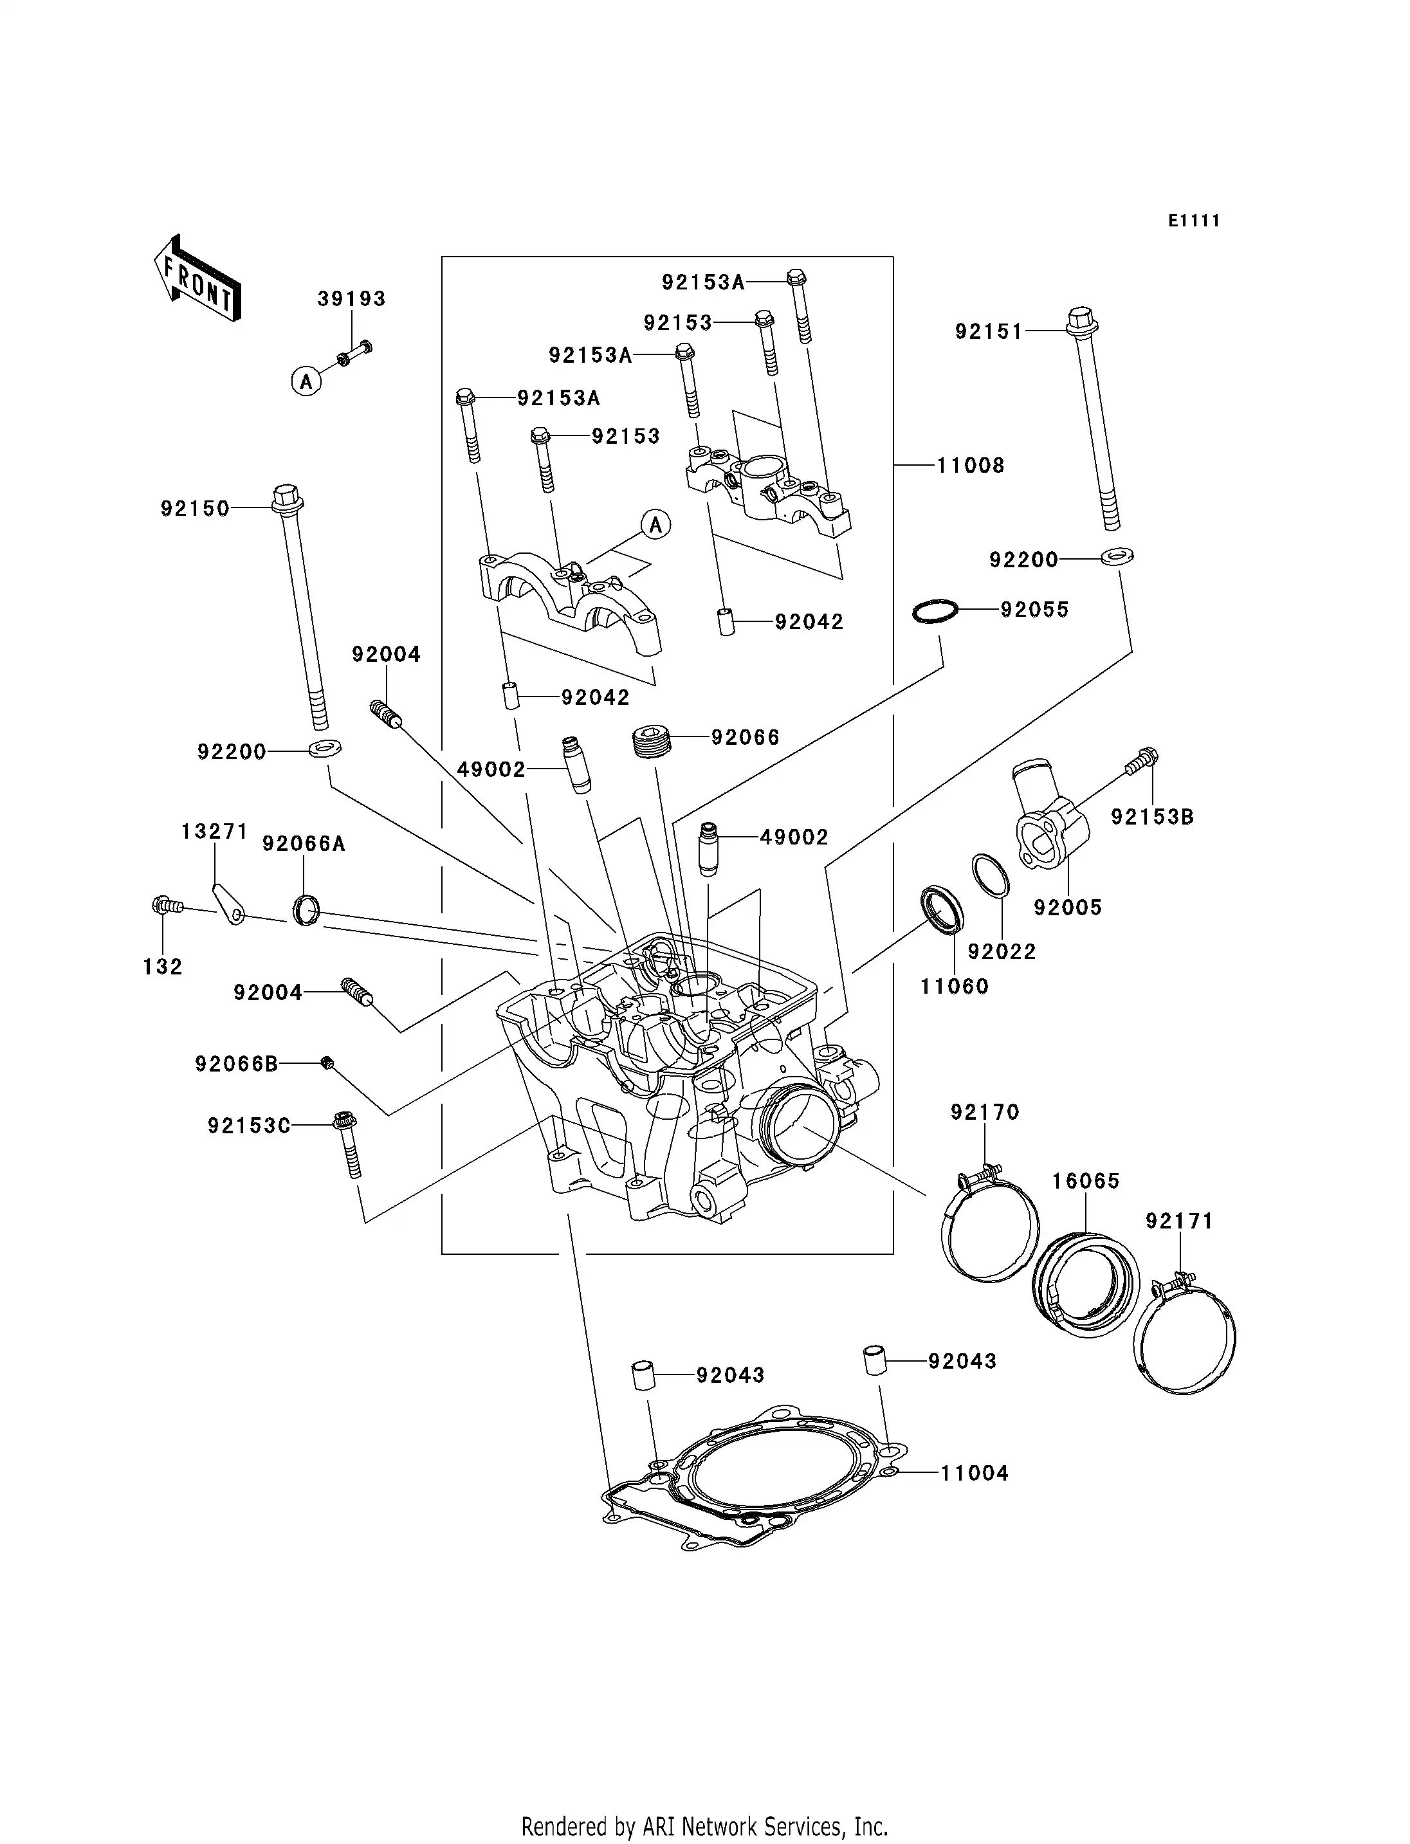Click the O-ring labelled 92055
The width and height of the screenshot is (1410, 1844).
[935, 611]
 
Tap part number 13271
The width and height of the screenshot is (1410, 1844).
[214, 831]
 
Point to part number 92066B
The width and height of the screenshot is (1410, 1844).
[237, 1064]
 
